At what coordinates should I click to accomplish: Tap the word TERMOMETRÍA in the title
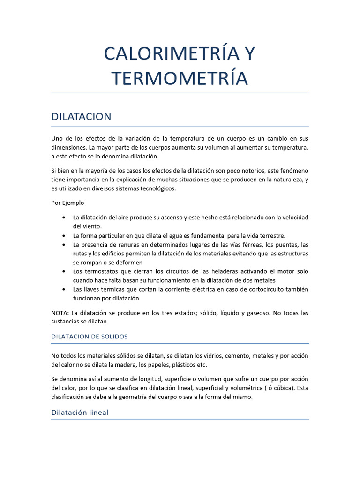[180, 78]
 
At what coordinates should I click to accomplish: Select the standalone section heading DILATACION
[81, 117]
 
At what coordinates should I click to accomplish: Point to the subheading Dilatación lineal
[80, 412]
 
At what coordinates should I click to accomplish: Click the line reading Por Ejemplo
[68, 203]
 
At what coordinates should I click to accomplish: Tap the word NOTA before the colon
[60, 313]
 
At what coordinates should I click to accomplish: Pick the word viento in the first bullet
[86, 226]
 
